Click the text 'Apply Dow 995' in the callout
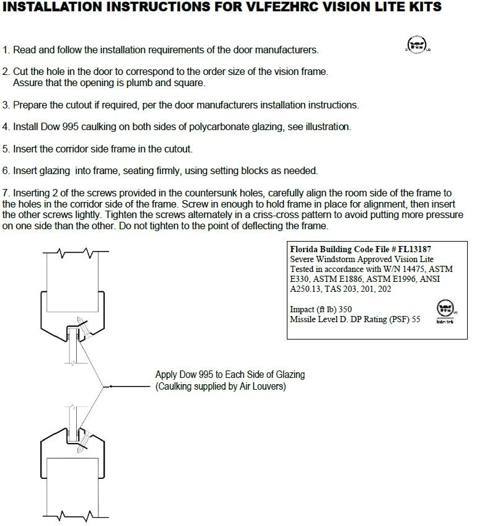click(184, 375)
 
